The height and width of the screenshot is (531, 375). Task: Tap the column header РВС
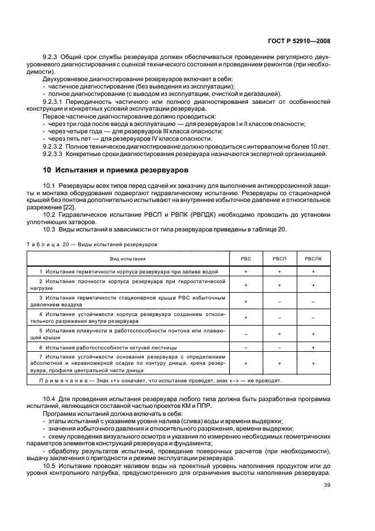pos(246,258)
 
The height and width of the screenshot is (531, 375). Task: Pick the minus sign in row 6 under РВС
pos(246,347)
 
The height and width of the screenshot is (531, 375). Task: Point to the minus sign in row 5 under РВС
pos(246,334)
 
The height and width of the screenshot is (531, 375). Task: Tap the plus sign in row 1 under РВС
pos(246,272)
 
